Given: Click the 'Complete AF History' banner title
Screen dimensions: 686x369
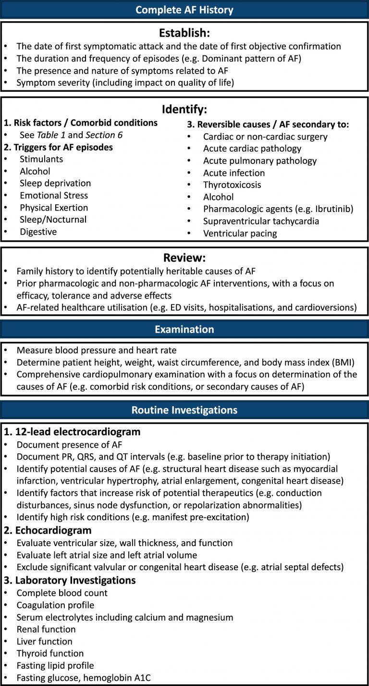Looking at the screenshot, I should pyautogui.click(x=184, y=10).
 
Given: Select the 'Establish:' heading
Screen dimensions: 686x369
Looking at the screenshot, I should pyautogui.click(x=184, y=34).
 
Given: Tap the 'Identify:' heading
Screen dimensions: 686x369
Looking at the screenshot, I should pyautogui.click(x=184, y=110).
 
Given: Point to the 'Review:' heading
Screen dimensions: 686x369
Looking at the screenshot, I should pyautogui.click(x=184, y=258).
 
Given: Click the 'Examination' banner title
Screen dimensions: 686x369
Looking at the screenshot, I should pyautogui.click(x=184, y=329).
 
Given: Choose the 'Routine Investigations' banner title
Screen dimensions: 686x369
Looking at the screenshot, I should pyautogui.click(x=184, y=410).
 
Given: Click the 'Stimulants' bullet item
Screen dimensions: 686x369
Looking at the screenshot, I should pyautogui.click(x=41, y=159).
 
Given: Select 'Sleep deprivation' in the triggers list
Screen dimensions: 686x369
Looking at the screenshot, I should pyautogui.click(x=55, y=183).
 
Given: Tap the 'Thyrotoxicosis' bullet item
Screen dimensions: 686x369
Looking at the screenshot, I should pyautogui.click(x=233, y=185).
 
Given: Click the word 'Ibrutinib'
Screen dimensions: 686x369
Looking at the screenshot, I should pyautogui.click(x=332, y=209).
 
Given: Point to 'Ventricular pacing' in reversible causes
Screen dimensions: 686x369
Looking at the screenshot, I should pyautogui.click(x=240, y=233).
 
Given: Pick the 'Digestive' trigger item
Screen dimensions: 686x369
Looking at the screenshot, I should pyautogui.click(x=38, y=232).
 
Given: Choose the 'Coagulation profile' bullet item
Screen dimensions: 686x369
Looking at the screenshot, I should pyautogui.click(x=55, y=605).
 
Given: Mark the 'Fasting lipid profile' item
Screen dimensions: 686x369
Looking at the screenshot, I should pyautogui.click(x=55, y=665).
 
